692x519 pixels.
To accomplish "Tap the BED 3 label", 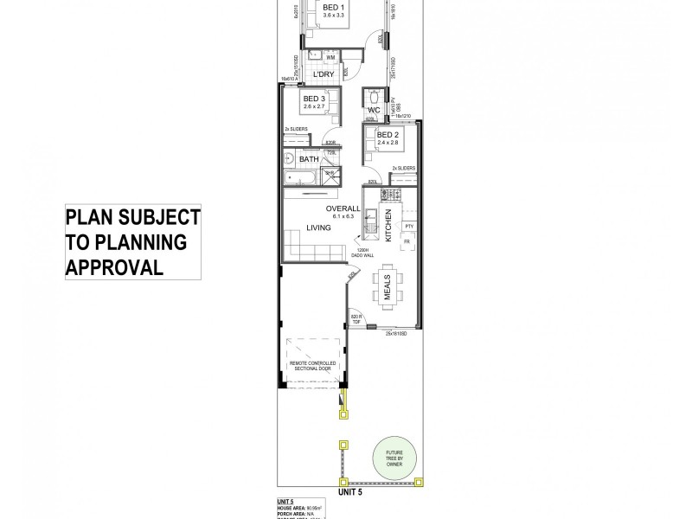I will pos(313,99).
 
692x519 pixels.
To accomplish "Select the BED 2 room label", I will pos(387,136).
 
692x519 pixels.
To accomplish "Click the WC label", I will pos(375,111).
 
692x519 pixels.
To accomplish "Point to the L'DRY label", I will pos(323,74).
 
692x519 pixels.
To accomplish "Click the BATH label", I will pos(309,159).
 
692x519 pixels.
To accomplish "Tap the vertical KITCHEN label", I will pos(390,224).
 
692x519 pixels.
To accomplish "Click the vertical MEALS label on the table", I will pos(387,285).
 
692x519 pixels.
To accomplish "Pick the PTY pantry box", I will pos(410,226).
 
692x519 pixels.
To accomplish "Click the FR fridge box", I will pos(407,242).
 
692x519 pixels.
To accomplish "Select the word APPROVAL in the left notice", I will pos(115,266).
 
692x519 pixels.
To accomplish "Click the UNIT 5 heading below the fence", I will pos(347,491).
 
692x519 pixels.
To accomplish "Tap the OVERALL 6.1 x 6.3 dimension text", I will pos(343,212).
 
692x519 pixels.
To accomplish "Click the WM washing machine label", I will pos(330,57).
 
